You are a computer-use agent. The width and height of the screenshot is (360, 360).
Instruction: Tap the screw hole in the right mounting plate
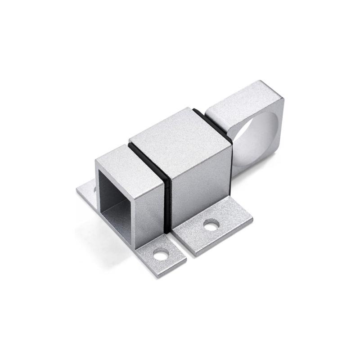(211, 225)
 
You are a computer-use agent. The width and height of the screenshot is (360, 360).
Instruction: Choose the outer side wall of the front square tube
(148, 211)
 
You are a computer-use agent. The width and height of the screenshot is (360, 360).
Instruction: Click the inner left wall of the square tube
(103, 193)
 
